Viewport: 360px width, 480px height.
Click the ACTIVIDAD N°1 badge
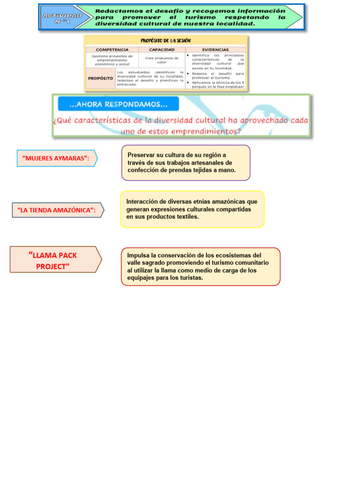62,18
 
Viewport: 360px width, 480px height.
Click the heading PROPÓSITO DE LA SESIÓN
165,41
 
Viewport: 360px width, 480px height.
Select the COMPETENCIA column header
112,49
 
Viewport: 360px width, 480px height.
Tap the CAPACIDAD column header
162,49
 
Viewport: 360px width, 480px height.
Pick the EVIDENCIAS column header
215,49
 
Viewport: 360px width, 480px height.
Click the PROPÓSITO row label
100,78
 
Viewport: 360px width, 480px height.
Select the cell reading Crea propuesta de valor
162,60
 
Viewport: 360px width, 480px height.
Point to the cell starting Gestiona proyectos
112,60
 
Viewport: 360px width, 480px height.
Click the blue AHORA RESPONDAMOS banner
118,104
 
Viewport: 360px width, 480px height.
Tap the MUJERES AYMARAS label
56,158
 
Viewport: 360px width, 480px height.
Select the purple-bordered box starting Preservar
186,163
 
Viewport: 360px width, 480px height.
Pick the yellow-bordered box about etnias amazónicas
192,209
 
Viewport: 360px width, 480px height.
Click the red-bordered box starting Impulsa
200,266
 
